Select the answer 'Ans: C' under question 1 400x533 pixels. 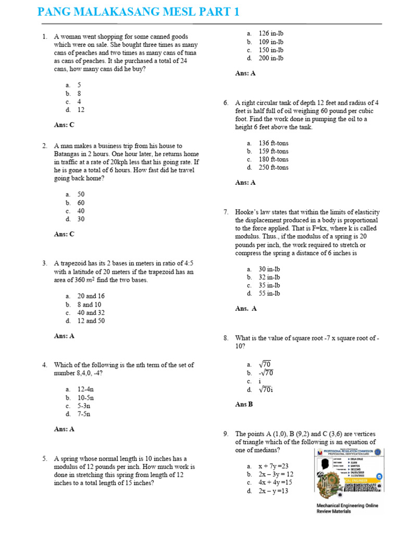tap(64, 125)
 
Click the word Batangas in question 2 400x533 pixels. tap(67, 154)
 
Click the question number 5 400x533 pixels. tap(45, 459)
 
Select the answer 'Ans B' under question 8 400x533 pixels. tap(244, 404)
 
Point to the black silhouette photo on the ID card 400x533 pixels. tap(327, 463)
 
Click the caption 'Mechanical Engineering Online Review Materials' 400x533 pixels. tap(347, 508)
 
